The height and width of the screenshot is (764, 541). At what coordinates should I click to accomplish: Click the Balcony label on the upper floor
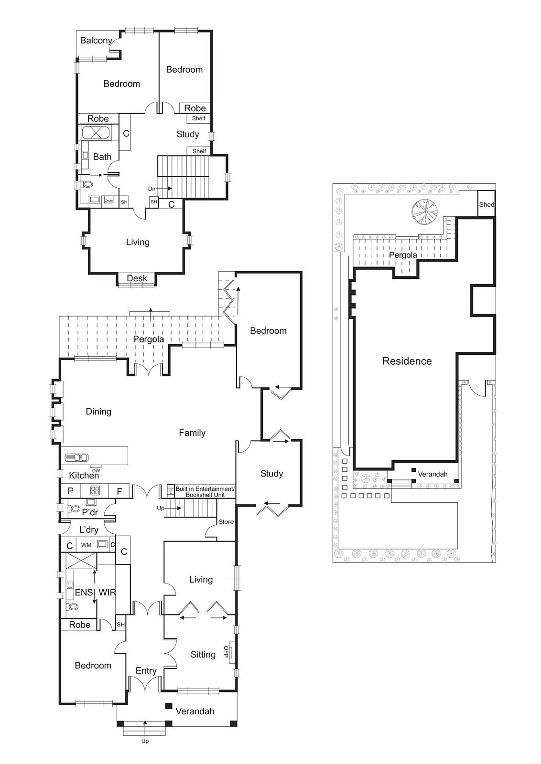[x=96, y=41]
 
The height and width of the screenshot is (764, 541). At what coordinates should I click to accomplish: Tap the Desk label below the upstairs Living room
[x=137, y=278]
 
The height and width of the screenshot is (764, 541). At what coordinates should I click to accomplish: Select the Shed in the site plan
[x=487, y=204]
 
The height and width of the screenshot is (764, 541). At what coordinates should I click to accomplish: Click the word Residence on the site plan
[x=407, y=361]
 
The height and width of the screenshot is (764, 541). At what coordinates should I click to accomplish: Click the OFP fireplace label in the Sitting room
[x=226, y=652]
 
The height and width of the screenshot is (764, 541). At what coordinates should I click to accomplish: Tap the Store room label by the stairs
[x=226, y=521]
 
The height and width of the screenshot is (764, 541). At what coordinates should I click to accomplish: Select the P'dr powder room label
[x=90, y=512]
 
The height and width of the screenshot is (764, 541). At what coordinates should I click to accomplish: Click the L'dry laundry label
[x=88, y=530]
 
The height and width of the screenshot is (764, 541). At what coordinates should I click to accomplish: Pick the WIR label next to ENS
[x=107, y=592]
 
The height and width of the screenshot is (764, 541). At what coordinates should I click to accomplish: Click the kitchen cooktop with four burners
[x=95, y=490]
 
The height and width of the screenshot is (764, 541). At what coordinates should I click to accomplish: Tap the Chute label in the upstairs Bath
[x=109, y=201]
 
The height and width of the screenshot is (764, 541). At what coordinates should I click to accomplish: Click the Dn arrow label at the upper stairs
[x=151, y=189]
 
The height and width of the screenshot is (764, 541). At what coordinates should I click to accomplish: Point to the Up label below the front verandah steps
[x=145, y=741]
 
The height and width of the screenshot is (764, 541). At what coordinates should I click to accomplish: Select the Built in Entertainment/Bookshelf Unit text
[x=205, y=492]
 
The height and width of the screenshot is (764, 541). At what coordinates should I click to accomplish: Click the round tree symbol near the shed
[x=424, y=211]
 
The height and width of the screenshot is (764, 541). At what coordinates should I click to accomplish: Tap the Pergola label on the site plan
[x=402, y=255]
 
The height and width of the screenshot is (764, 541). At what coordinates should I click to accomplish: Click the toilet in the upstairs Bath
[x=87, y=184]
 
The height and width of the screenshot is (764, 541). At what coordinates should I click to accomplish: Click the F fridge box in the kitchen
[x=119, y=491]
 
